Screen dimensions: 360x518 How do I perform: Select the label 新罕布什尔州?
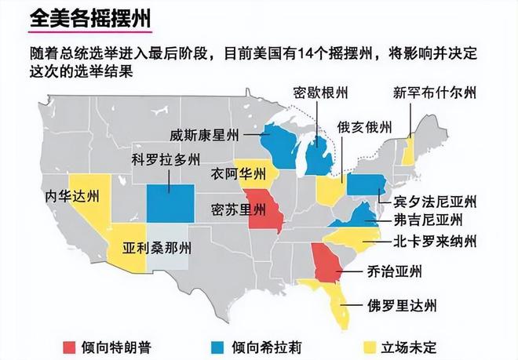tap(434, 93)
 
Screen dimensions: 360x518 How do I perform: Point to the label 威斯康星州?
tap(205, 135)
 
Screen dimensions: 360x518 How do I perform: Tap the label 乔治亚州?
tap(395, 272)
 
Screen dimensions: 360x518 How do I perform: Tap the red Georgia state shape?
tap(323, 264)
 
